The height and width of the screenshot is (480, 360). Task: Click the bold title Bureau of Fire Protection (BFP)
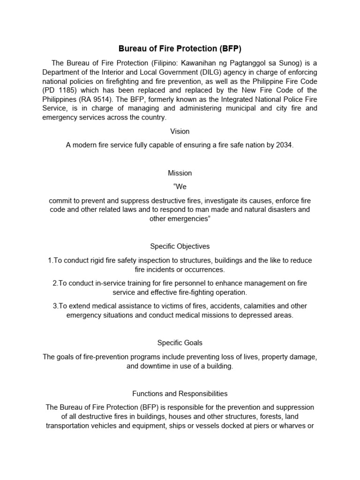[180, 48]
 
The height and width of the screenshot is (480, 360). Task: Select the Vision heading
[180, 131]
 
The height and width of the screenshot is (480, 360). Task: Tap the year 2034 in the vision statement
[284, 145]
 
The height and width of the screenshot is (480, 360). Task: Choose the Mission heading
[180, 173]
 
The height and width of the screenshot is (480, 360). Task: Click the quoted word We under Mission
[180, 187]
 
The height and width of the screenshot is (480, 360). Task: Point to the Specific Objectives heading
[180, 246]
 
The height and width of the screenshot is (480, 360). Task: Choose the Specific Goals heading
[180, 343]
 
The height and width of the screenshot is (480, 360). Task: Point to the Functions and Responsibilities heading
[180, 394]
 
